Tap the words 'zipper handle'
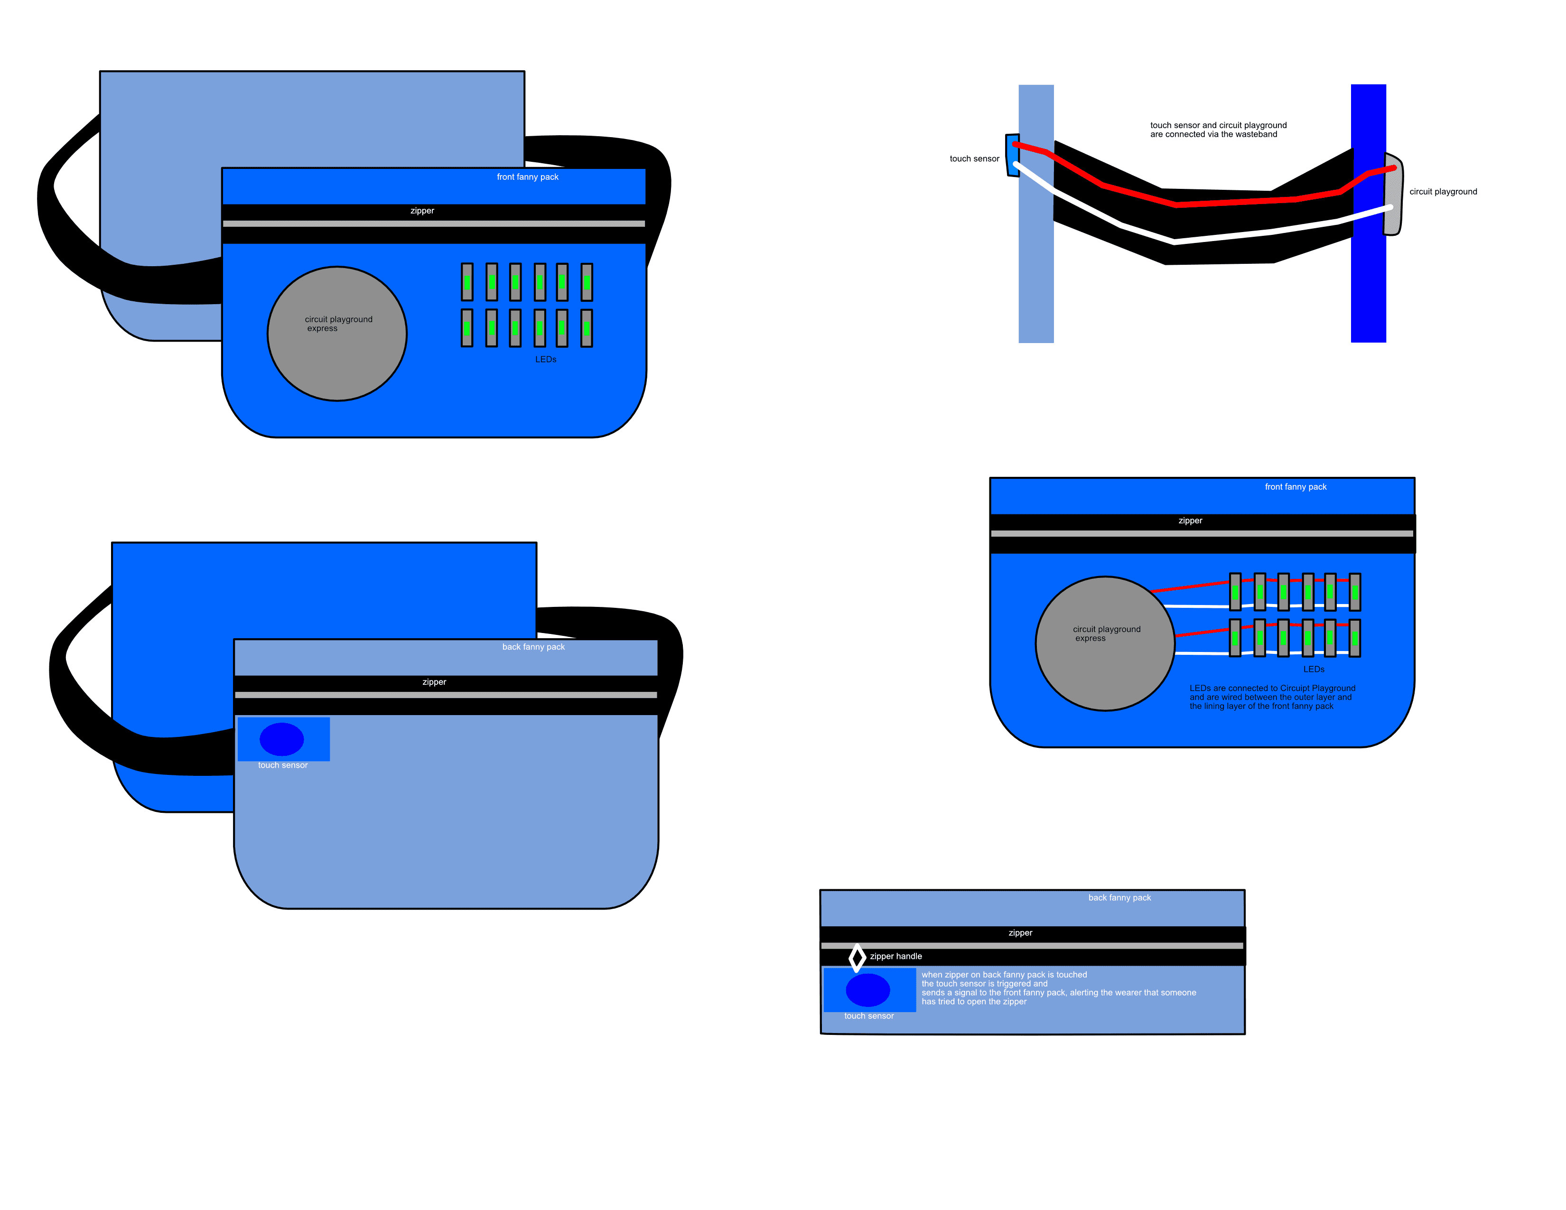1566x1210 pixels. (895, 956)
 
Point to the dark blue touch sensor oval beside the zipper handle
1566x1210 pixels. (867, 990)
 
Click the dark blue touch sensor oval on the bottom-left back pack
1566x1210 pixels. (282, 739)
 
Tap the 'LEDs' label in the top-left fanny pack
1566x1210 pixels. (546, 359)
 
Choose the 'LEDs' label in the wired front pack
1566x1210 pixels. (1314, 669)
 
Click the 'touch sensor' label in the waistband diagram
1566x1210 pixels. (974, 158)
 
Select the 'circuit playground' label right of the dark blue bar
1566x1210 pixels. (1443, 191)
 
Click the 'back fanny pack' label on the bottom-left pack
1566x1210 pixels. (533, 647)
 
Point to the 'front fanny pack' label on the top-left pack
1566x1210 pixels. (527, 177)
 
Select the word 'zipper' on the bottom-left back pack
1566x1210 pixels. (434, 682)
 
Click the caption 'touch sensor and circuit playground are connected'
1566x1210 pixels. (1218, 130)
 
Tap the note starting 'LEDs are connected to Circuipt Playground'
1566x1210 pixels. (1271, 697)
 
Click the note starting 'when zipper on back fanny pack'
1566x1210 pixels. (1058, 988)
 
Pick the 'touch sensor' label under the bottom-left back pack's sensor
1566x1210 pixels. (282, 765)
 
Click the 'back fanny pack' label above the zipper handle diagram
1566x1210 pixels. (1119, 897)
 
